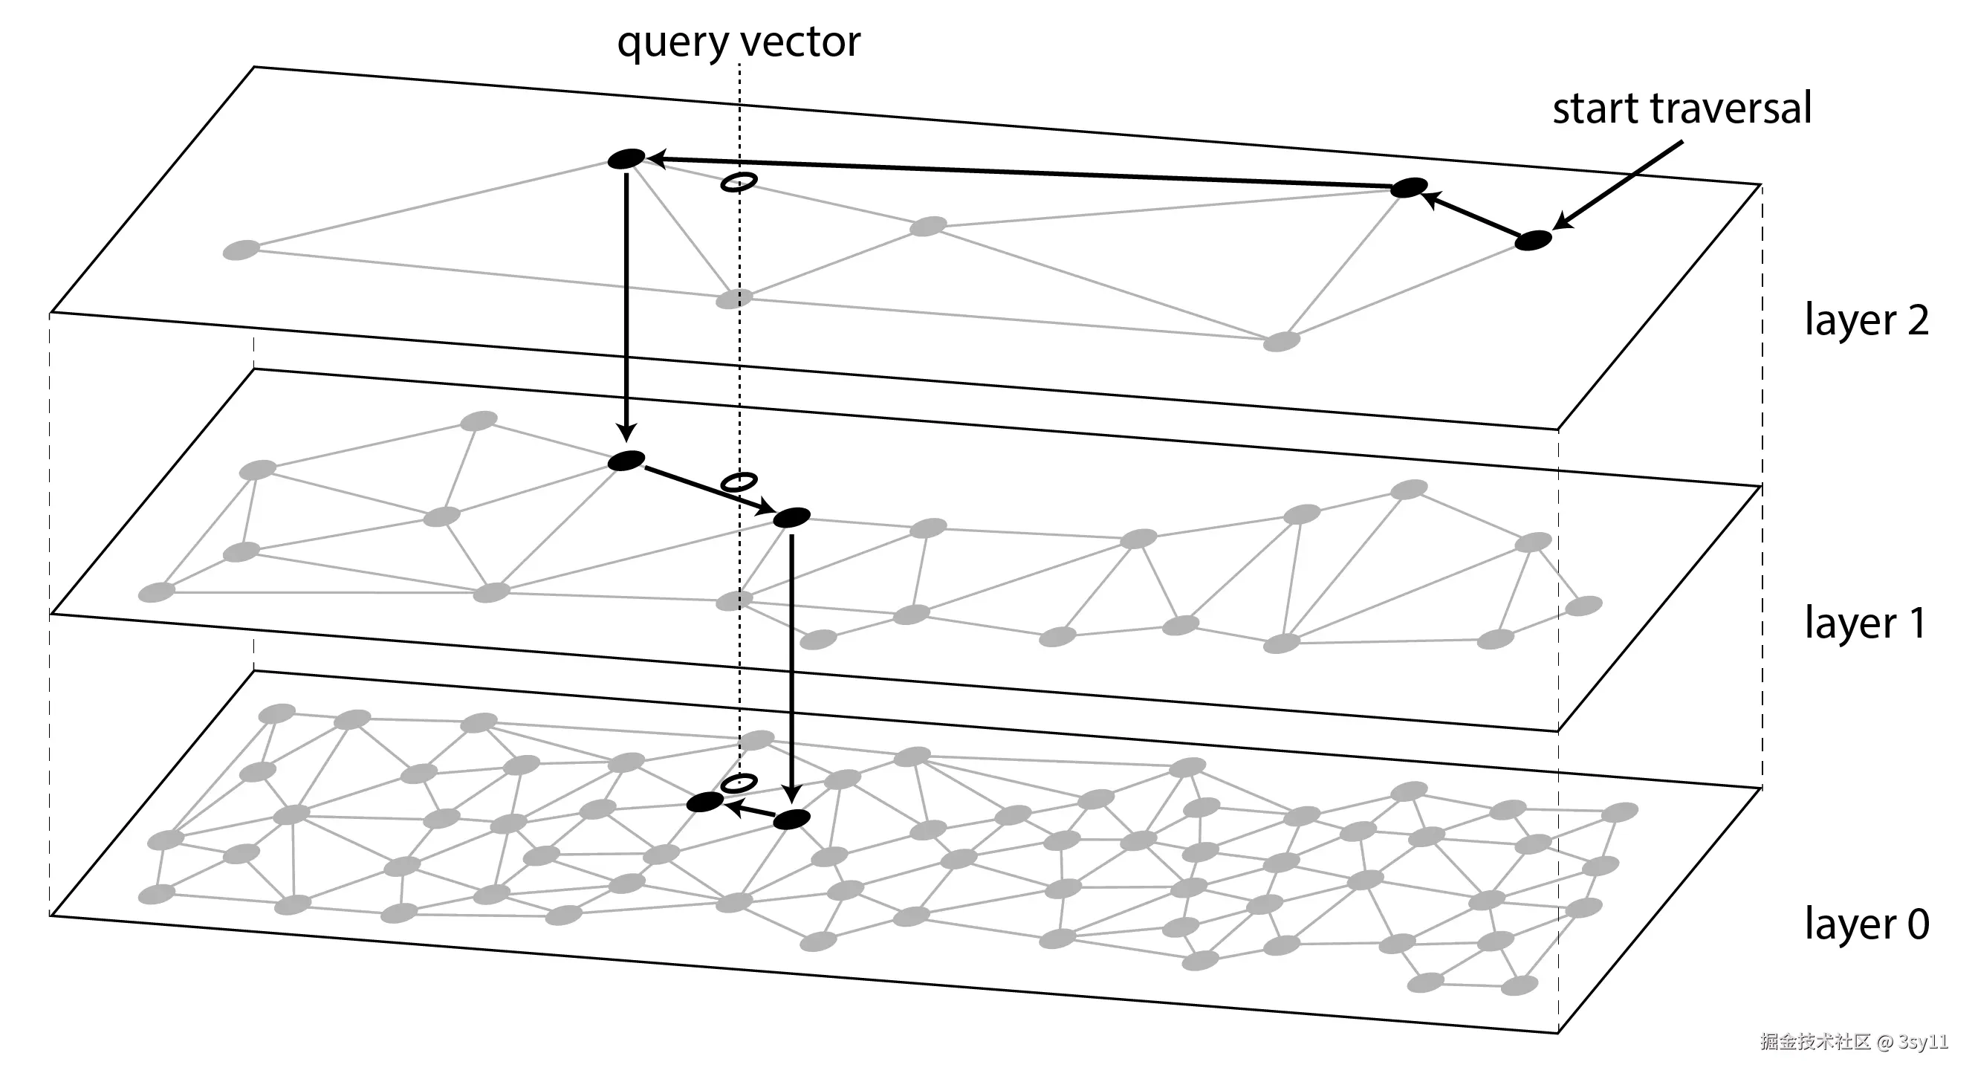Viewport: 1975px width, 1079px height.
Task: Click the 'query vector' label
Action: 739,42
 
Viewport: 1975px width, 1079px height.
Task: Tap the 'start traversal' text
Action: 1682,108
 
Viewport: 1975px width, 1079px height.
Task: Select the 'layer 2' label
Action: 1866,320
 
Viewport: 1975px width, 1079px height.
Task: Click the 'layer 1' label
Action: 1864,622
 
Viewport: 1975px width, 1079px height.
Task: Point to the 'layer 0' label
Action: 1866,924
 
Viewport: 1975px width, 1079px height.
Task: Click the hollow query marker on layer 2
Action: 739,182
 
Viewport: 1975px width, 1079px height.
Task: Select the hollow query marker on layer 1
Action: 739,482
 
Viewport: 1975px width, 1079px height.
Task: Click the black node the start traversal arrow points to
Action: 1533,240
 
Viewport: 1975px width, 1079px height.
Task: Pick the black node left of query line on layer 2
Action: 626,159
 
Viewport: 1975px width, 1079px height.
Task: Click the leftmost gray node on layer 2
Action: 241,250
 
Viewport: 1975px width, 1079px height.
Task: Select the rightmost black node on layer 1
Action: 791,518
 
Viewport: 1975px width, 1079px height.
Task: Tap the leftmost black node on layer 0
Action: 704,802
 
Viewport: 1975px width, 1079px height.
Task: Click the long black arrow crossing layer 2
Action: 1019,172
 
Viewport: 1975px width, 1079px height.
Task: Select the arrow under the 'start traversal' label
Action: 1618,186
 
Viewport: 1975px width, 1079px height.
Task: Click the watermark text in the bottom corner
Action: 1853,1041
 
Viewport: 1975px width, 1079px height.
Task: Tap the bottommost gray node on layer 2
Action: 1281,341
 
